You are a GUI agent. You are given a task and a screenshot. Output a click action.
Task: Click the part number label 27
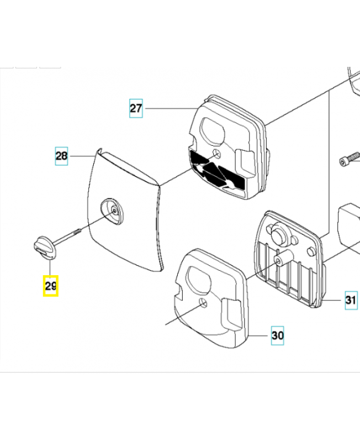tap(136, 108)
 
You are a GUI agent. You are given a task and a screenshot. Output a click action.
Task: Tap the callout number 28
tap(61, 156)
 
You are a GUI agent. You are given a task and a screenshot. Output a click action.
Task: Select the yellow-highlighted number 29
tap(51, 286)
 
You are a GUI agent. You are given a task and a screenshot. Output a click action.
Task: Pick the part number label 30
tap(277, 335)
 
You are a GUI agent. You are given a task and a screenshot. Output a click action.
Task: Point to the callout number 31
tap(351, 301)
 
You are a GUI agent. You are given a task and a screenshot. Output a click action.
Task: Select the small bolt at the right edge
tap(346, 161)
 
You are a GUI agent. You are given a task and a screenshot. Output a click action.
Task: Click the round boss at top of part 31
tap(278, 235)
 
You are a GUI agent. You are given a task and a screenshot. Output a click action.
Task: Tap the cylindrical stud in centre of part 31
tap(285, 257)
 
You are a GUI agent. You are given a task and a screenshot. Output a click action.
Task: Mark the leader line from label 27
tap(168, 108)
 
